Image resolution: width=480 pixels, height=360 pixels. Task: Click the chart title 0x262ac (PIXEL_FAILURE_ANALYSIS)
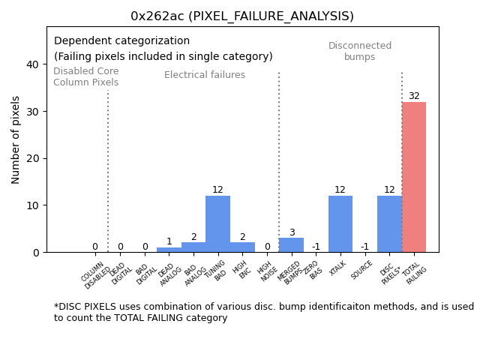tap(242, 16)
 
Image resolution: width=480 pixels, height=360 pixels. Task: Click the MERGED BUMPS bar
tap(291, 245)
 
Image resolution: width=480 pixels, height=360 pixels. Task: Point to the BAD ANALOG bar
tap(193, 247)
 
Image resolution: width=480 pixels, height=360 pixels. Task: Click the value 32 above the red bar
tap(414, 96)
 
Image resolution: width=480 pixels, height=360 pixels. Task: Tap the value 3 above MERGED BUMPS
tap(292, 232)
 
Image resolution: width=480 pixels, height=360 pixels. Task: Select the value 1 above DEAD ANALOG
tap(169, 241)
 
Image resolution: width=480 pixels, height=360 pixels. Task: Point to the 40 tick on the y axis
tap(33, 64)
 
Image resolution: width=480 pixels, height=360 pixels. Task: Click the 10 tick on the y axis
tap(33, 205)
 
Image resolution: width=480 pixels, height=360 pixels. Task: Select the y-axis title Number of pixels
tap(16, 139)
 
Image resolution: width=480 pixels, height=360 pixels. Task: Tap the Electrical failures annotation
tap(205, 75)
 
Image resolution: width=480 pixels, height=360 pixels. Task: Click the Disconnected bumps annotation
tap(360, 52)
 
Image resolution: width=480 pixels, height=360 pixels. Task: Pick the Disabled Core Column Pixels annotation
tap(85, 77)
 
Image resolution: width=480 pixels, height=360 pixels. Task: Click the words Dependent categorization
tap(121, 41)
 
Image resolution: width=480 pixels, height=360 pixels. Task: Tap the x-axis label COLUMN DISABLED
tap(95, 275)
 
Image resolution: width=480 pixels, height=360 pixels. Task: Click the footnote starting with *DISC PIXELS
tap(263, 312)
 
